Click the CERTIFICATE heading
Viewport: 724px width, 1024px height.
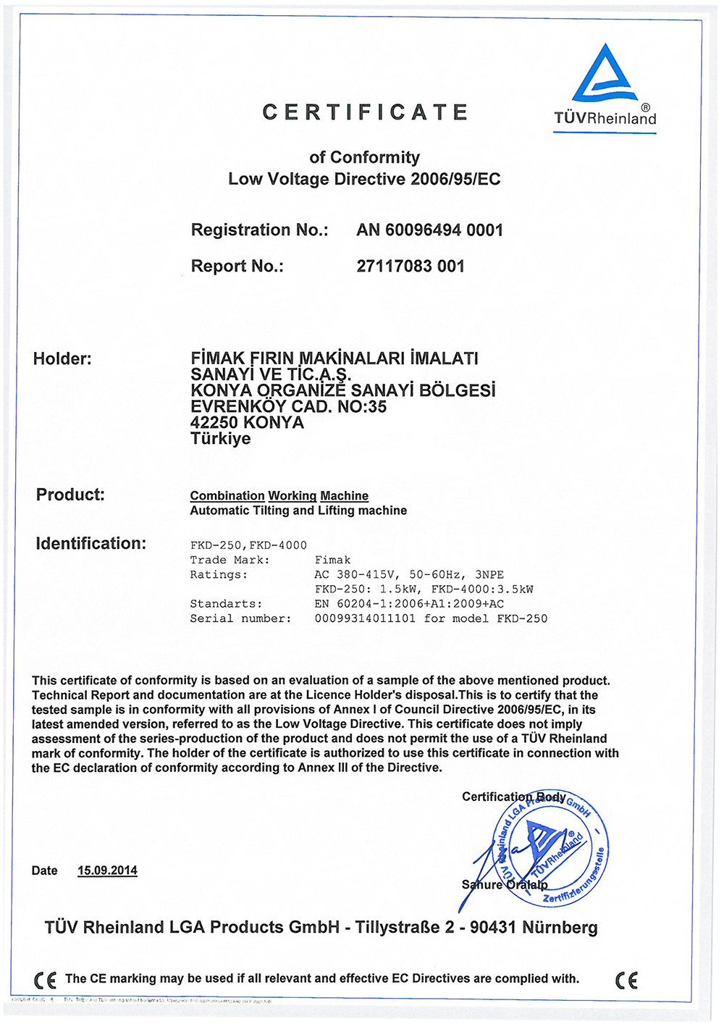(x=365, y=113)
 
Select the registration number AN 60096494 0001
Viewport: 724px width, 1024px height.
(x=429, y=230)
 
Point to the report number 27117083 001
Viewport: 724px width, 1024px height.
(x=411, y=267)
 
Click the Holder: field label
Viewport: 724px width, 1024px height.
(x=62, y=358)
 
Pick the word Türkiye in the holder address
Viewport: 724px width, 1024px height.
(x=220, y=439)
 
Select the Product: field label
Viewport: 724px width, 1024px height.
(x=70, y=495)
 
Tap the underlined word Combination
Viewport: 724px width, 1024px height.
(x=227, y=496)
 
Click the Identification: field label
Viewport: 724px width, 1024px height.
(x=90, y=544)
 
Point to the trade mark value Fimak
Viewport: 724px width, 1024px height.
(x=332, y=561)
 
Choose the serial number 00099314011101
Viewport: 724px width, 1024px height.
(x=365, y=618)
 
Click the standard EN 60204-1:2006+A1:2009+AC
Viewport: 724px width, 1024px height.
(x=409, y=604)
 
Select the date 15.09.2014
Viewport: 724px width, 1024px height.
(x=107, y=870)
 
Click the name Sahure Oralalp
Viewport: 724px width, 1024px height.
(x=505, y=884)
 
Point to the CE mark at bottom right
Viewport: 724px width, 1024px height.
(x=627, y=980)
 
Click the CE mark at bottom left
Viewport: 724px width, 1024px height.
(x=45, y=980)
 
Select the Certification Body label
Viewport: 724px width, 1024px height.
(x=513, y=797)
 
